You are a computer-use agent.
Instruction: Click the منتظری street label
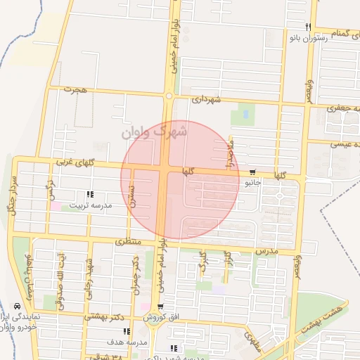click(128, 241)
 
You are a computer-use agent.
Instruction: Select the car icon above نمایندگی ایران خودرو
click(15, 307)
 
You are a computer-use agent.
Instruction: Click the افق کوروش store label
click(161, 317)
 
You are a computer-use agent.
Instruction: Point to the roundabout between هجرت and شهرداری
click(169, 96)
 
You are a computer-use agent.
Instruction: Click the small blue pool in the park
click(245, 112)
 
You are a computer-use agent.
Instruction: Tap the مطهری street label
click(252, 341)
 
